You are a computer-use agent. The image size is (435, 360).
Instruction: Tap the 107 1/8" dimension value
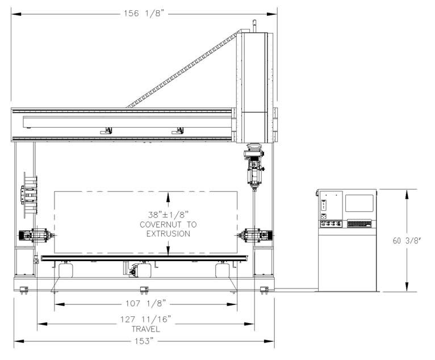click(x=145, y=303)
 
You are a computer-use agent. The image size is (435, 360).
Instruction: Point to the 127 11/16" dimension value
click(x=145, y=320)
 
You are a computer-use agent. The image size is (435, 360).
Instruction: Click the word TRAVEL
click(x=145, y=329)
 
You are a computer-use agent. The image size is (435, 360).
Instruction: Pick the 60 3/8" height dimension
click(x=407, y=241)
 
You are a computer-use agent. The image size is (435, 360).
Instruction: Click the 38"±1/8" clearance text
click(x=168, y=215)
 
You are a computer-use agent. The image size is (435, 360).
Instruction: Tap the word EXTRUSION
click(x=168, y=234)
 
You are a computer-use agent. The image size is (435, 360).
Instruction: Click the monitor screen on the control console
click(x=359, y=203)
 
